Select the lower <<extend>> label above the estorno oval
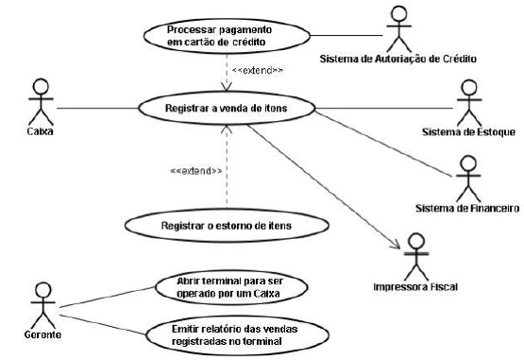point(196,171)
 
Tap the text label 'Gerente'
point(39,335)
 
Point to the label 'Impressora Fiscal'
point(414,283)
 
